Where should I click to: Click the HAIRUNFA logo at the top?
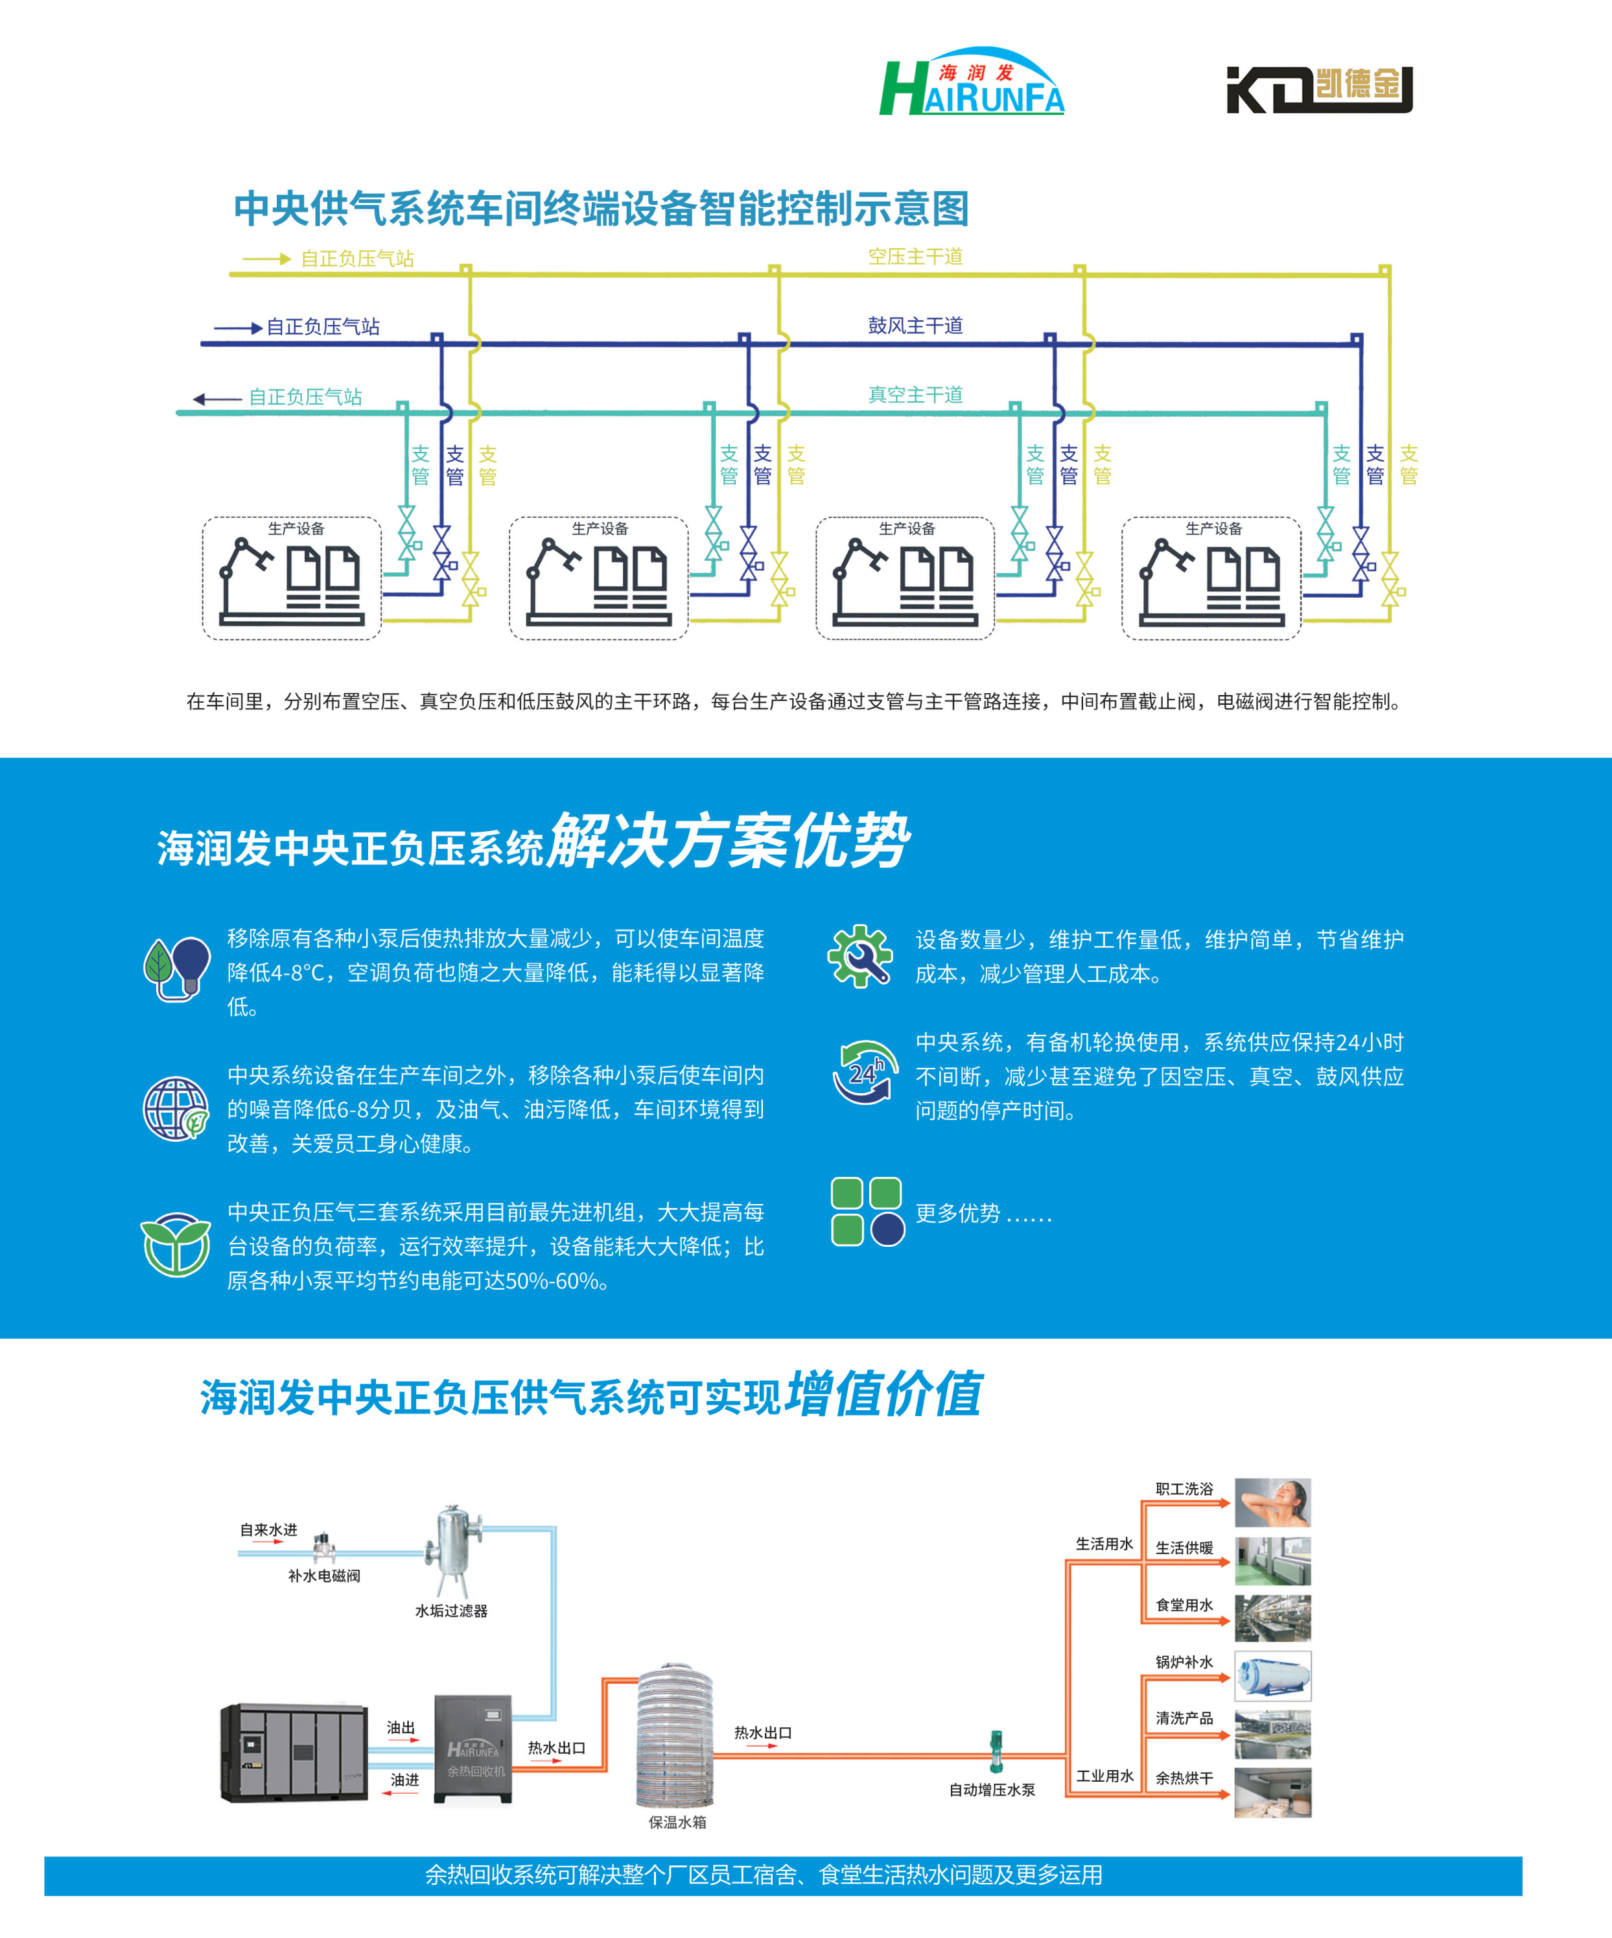tap(972, 83)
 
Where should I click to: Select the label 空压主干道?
tap(915, 257)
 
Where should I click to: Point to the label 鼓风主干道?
tap(915, 325)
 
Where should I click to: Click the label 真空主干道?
tap(915, 395)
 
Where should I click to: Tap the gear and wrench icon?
tap(860, 956)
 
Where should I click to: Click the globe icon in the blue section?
tap(174, 1108)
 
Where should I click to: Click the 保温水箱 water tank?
tap(675, 1735)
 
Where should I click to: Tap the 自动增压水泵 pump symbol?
tap(996, 1751)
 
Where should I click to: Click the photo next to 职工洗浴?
tap(1272, 1502)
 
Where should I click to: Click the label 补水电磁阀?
tap(324, 1576)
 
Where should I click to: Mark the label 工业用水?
tap(1104, 1775)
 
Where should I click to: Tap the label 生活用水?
tap(1104, 1544)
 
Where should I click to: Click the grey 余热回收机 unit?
tap(473, 1747)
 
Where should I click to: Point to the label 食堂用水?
tap(1184, 1605)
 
